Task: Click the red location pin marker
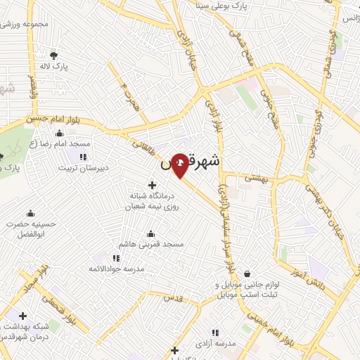181,164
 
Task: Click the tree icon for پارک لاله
53,56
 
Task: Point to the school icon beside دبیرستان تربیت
84,157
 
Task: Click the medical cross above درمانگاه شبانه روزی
153,185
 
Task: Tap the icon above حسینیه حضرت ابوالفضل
30,213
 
